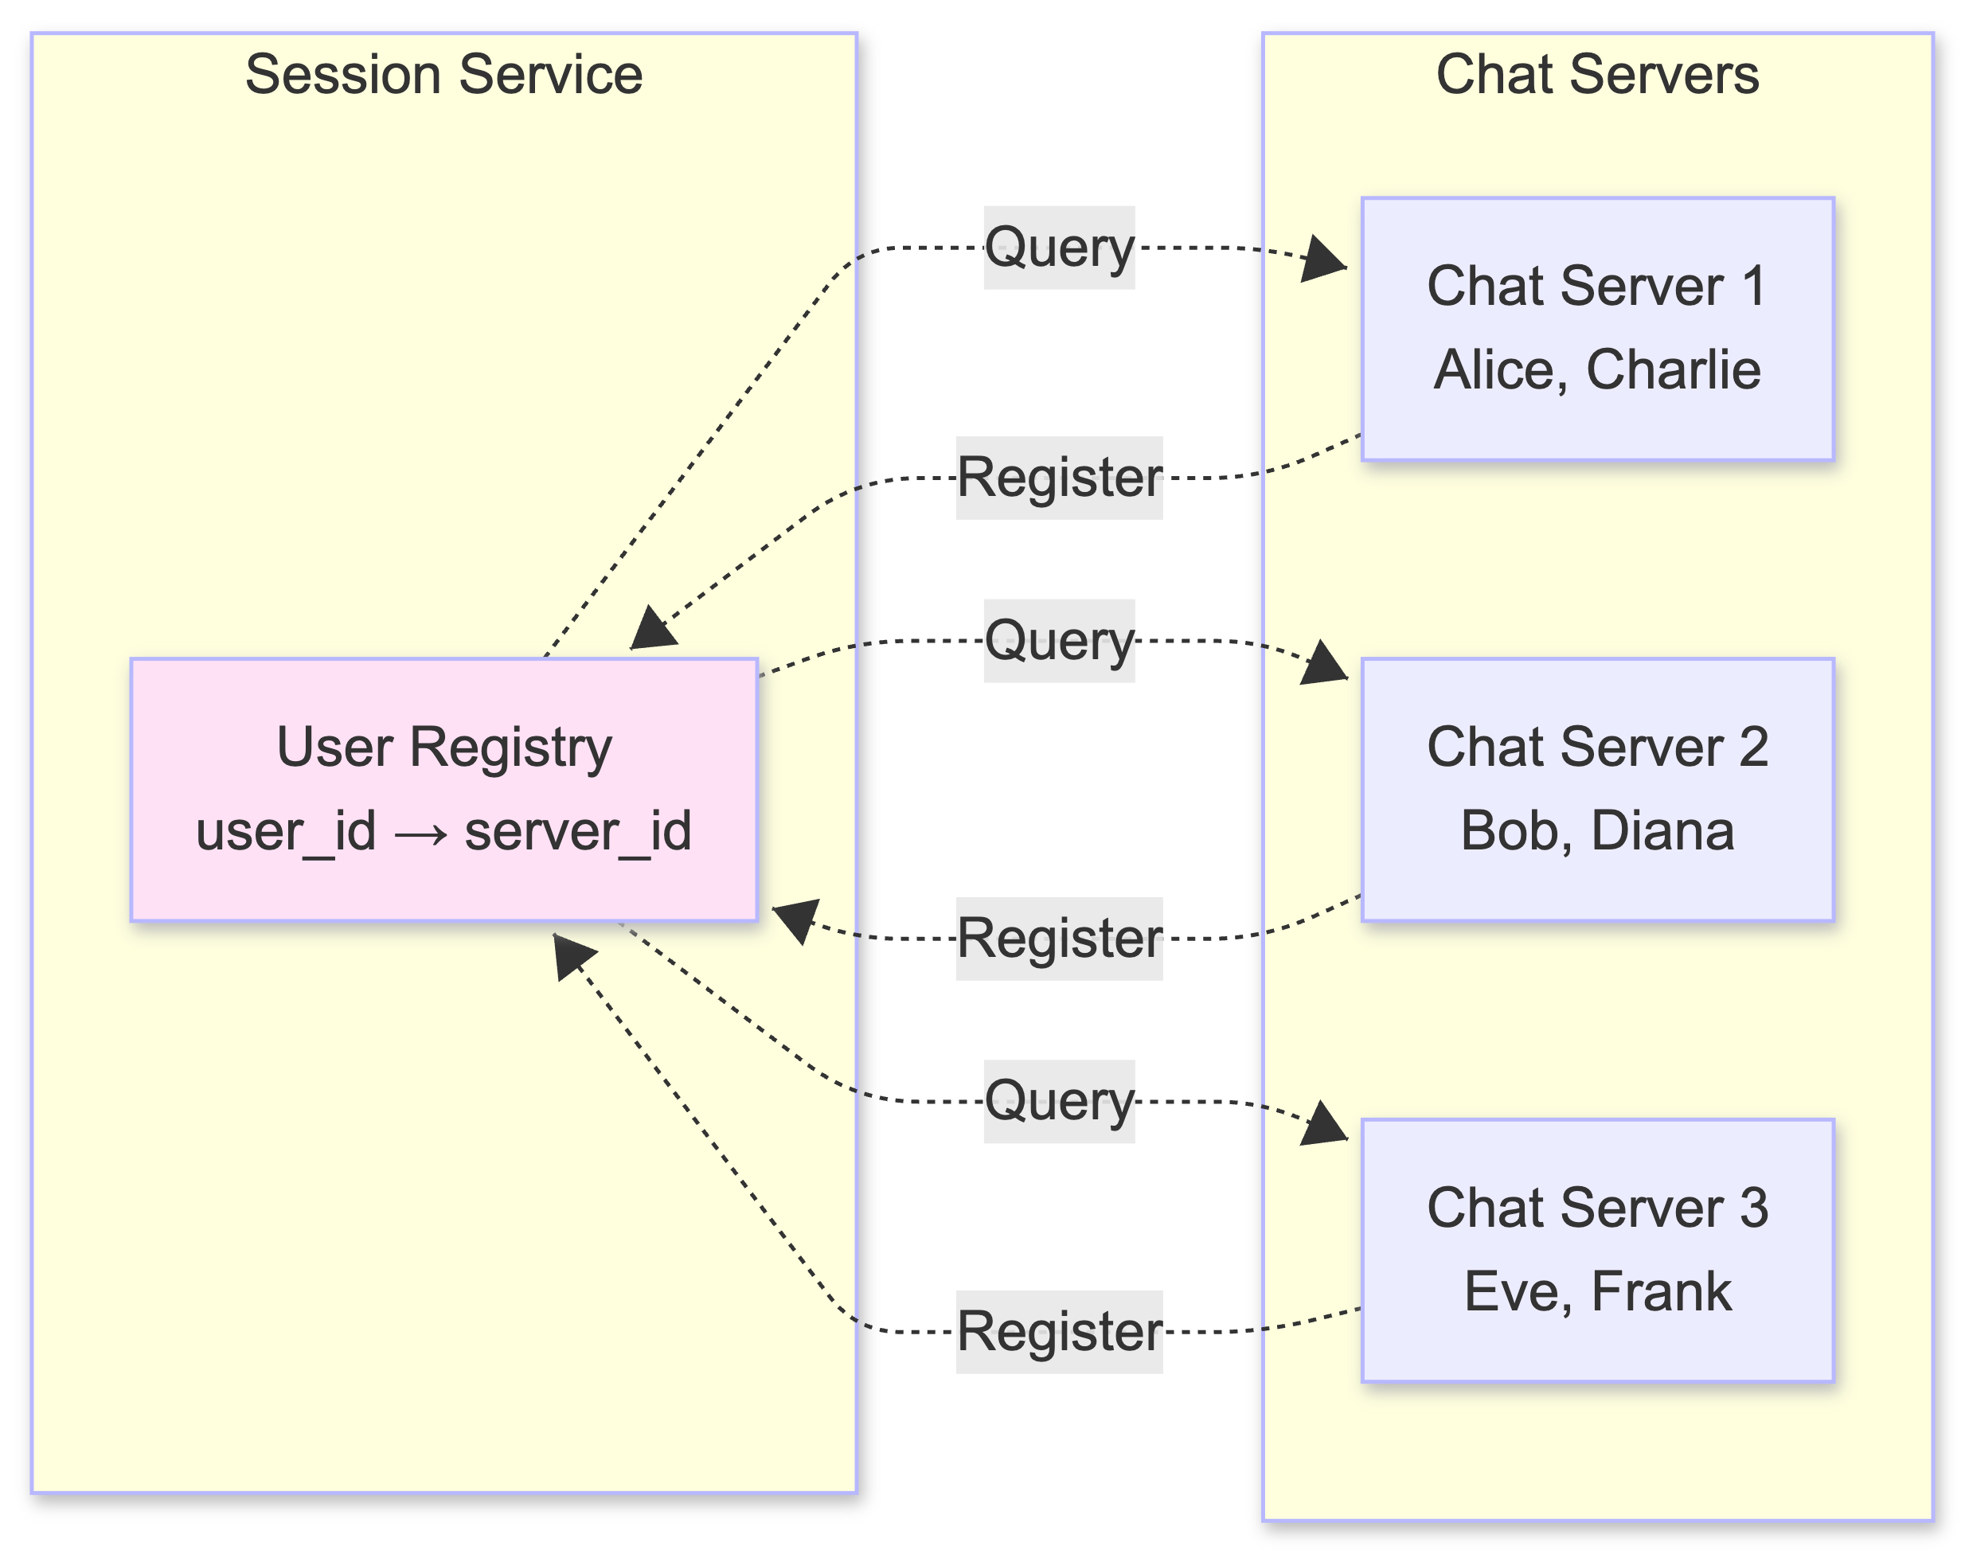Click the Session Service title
444,75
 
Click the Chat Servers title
1596,75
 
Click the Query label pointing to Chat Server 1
1059,248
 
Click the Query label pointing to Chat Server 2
1059,641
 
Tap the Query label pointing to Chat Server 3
1059,1101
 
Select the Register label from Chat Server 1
1059,478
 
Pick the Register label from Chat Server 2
1059,938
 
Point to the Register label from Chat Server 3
1059,1331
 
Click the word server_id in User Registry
578,830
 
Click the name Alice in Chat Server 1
1499,370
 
